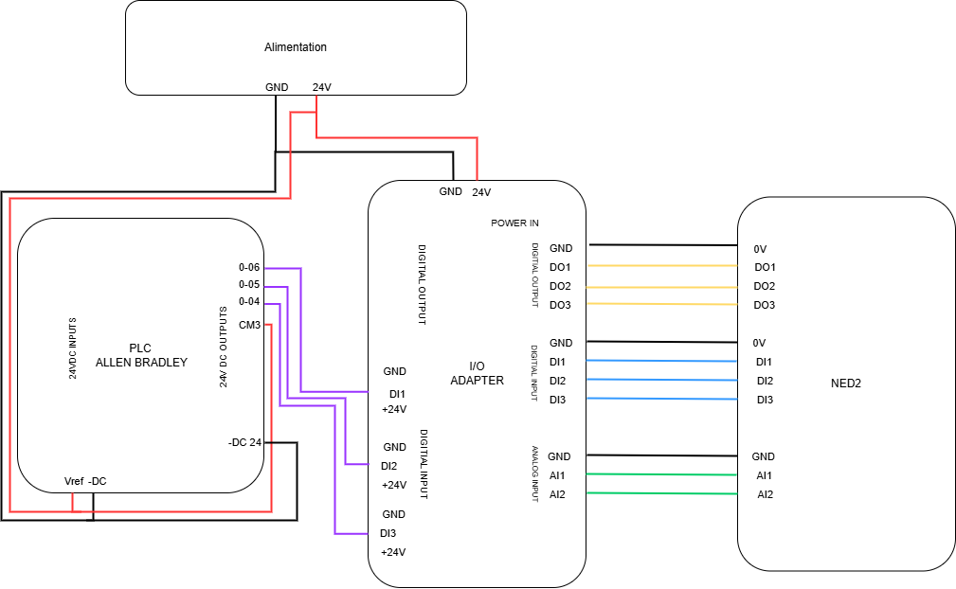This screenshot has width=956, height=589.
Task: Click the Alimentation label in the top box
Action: click(x=296, y=47)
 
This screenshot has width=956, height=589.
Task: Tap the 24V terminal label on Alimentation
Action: click(x=322, y=88)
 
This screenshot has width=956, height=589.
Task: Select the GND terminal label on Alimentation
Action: click(x=277, y=88)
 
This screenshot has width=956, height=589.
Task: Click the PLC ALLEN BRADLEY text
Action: click(x=141, y=355)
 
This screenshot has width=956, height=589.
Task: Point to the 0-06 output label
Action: click(x=249, y=268)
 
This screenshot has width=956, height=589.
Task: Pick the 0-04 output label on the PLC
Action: click(x=249, y=302)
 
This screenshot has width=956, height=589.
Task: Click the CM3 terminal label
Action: click(x=250, y=325)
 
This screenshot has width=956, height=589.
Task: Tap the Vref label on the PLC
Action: click(x=73, y=481)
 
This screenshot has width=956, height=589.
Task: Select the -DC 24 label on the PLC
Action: click(x=244, y=443)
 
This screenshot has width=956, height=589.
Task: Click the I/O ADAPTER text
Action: click(x=477, y=374)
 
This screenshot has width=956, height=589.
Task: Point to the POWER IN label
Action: click(x=514, y=223)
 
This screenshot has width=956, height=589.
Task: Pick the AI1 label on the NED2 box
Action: click(x=765, y=475)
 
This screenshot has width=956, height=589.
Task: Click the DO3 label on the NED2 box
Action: click(x=765, y=305)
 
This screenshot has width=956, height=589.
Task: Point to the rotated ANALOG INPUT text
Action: click(x=534, y=473)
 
